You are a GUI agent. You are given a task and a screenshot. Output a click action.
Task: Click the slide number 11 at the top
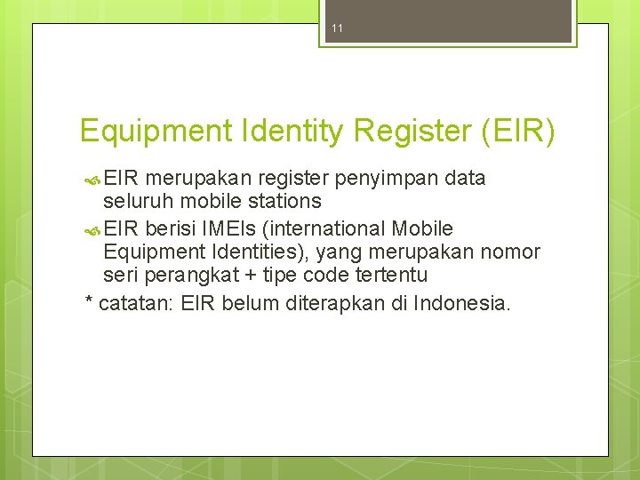[x=337, y=28]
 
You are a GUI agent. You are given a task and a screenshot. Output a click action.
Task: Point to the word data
[x=464, y=178]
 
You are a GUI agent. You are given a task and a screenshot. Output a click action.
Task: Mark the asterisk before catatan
[x=89, y=302]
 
